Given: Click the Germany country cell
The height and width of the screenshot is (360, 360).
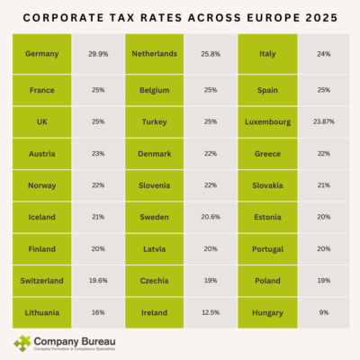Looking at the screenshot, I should [42, 53].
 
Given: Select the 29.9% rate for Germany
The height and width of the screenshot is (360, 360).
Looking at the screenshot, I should [98, 53].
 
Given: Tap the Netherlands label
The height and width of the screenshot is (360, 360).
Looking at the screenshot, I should [155, 53].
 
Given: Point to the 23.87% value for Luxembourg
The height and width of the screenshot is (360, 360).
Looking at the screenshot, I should [323, 121].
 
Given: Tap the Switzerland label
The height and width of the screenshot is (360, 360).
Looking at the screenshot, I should [42, 280].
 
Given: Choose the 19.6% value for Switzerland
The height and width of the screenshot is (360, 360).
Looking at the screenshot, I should [98, 280].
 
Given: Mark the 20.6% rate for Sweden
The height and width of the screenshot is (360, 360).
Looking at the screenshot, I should [211, 217].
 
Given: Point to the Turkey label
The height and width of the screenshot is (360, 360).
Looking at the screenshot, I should [155, 121].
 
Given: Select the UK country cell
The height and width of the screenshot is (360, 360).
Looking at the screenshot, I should [42, 121].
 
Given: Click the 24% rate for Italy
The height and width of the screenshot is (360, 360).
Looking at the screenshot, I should [323, 53].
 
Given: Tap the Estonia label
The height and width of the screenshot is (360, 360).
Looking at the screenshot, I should [267, 217].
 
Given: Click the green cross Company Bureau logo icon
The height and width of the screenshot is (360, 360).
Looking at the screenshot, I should [22, 343].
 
